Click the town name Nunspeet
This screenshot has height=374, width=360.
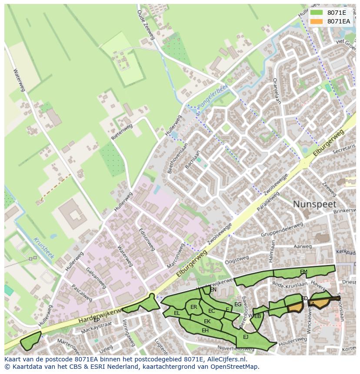314,204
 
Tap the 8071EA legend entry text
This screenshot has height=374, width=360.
338,21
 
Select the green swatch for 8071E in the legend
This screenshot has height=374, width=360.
317,13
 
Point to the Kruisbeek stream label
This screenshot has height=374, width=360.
43,248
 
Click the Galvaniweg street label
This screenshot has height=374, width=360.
96,278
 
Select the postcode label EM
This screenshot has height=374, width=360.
303,272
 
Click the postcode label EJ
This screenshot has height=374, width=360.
246,337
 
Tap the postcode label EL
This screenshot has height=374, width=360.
177,313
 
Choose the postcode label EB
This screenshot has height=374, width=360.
257,316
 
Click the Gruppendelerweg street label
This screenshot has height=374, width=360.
282,230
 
